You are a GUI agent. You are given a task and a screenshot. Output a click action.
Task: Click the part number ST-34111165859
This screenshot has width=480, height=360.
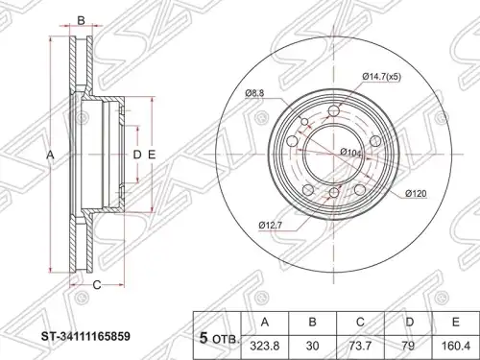pyautogui.click(x=85, y=337)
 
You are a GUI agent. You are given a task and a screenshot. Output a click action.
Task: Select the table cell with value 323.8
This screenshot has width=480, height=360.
pyautogui.click(x=264, y=347)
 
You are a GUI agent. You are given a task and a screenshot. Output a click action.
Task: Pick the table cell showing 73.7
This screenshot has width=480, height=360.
pyautogui.click(x=360, y=347)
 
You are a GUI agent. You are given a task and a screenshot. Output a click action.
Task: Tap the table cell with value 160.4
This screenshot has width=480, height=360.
pyautogui.click(x=456, y=347)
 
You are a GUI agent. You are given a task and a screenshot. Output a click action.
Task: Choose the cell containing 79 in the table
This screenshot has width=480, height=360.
pyautogui.click(x=408, y=347)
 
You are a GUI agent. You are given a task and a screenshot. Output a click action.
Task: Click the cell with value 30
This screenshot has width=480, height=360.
pyautogui.click(x=312, y=347)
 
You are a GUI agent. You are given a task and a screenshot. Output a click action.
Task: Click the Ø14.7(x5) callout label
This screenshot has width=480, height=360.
pyautogui.click(x=382, y=77)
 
